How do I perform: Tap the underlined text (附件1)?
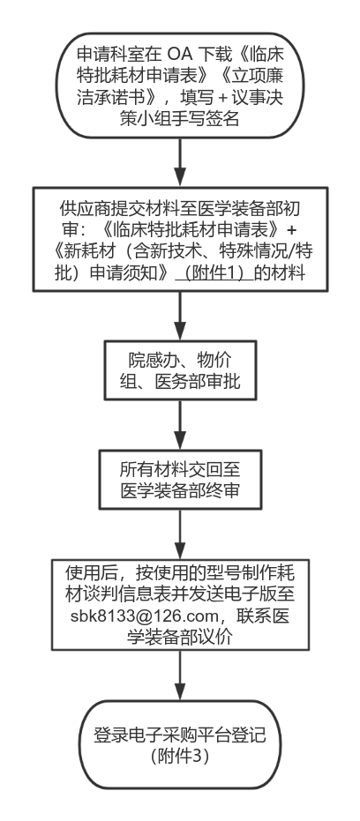(x=214, y=274)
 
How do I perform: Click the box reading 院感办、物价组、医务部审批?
(x=180, y=370)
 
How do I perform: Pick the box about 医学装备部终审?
(x=180, y=480)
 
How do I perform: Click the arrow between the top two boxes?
(x=180, y=162)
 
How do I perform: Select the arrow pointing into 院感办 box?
(x=180, y=317)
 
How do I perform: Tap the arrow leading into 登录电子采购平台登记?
(x=180, y=675)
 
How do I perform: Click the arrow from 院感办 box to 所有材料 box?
(x=180, y=425)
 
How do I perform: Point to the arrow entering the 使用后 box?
(x=180, y=534)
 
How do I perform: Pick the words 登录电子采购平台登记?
(x=180, y=735)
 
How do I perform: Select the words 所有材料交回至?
(x=180, y=468)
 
